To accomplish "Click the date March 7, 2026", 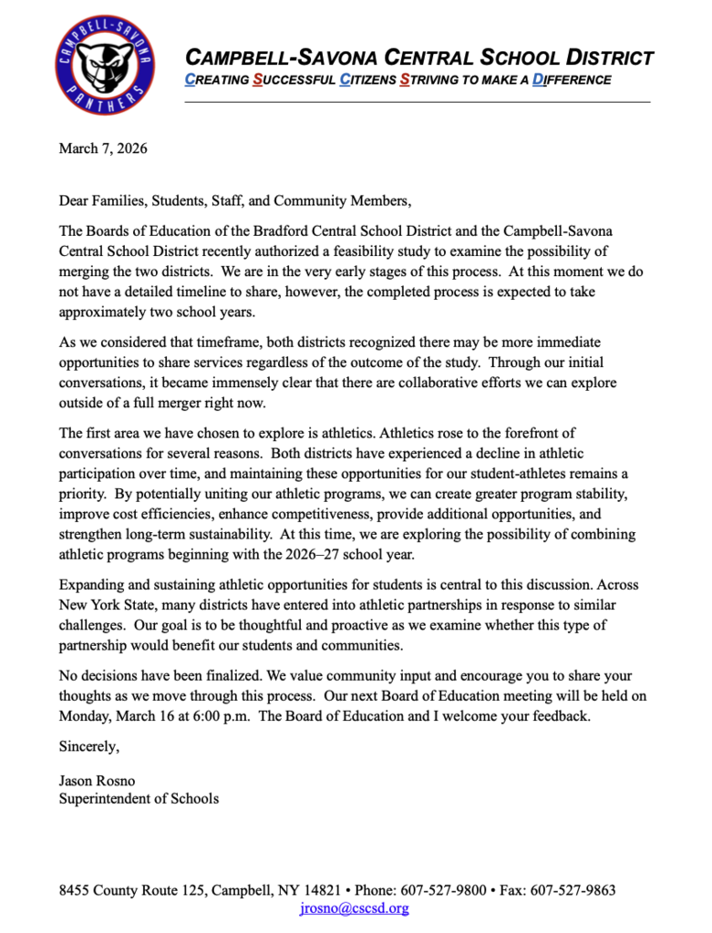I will tap(103, 149).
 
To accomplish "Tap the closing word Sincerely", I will tap(88, 746).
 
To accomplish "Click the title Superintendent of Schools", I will tap(139, 799).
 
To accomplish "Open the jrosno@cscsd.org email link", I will tap(355, 907).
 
